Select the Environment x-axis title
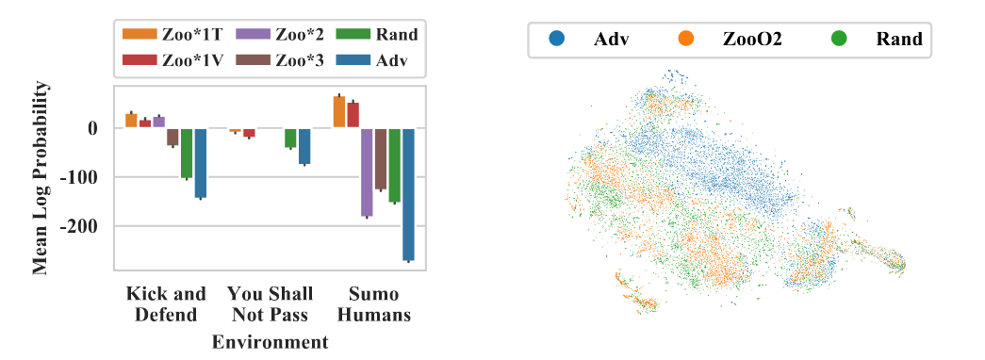coord(271,342)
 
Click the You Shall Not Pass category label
coord(271,303)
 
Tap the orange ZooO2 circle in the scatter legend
coord(686,40)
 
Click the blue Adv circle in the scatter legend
coord(558,40)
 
